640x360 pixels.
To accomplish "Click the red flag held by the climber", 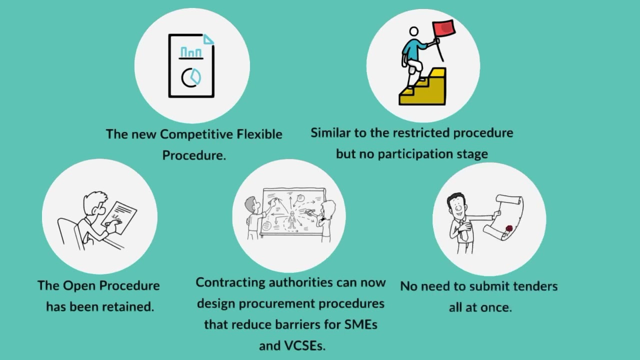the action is (444, 28).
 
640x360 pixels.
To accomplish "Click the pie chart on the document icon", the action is (191, 77).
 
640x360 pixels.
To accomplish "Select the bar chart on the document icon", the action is (191, 52).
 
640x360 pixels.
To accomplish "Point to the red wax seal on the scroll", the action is (509, 229).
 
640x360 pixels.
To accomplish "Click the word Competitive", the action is (196, 134).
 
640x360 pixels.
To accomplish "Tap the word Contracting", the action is (230, 282).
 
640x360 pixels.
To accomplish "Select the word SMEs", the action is (360, 324).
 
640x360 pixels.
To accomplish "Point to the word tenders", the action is (535, 286).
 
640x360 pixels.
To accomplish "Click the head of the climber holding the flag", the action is (414, 32).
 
